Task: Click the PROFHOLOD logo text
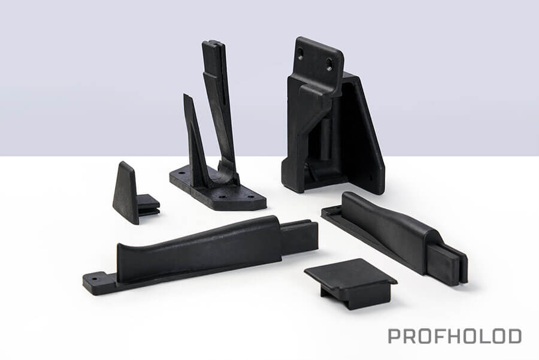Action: [x=455, y=336]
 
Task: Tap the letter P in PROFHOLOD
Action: [x=394, y=336]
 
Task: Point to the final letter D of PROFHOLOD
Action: [x=514, y=336]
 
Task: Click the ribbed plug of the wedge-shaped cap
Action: [x=149, y=205]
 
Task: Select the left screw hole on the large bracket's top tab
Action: [x=301, y=53]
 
